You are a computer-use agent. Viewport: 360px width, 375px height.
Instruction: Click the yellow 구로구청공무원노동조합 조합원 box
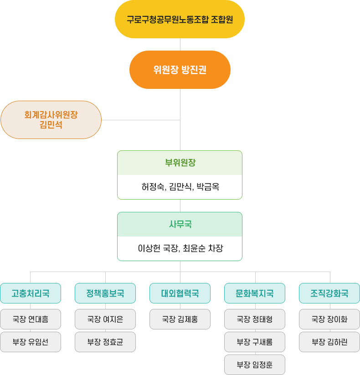(x=180, y=19)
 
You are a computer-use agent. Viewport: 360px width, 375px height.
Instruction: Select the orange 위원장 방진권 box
(x=180, y=70)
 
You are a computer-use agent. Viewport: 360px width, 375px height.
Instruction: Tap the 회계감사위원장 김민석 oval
(x=51, y=120)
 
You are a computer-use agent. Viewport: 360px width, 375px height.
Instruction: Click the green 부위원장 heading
(x=180, y=163)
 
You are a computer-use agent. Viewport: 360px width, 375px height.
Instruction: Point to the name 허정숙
(x=153, y=186)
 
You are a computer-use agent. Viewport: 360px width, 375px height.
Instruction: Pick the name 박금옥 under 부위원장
(x=208, y=186)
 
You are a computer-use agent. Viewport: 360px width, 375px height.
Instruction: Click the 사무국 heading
(x=180, y=224)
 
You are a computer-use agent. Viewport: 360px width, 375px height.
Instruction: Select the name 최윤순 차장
(x=203, y=248)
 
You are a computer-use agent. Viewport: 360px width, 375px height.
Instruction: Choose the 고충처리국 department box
(x=31, y=293)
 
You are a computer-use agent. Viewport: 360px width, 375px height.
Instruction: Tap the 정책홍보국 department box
(x=105, y=293)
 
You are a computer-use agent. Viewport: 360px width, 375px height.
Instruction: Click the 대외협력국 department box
(x=180, y=293)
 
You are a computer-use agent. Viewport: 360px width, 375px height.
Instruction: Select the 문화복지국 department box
(x=255, y=293)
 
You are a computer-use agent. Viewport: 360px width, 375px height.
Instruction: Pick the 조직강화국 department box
(x=329, y=293)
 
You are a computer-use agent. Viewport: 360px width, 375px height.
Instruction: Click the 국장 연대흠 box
(x=31, y=319)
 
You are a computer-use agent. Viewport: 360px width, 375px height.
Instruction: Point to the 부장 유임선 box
(x=31, y=342)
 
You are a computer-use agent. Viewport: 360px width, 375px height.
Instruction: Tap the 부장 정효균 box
(x=105, y=342)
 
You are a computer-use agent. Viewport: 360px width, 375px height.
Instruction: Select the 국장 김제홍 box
(x=180, y=319)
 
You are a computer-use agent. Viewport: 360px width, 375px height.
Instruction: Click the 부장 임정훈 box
(x=255, y=365)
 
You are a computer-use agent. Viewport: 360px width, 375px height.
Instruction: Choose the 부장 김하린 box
(x=329, y=342)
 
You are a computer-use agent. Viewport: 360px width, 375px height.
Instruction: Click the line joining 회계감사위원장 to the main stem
(x=141, y=120)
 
